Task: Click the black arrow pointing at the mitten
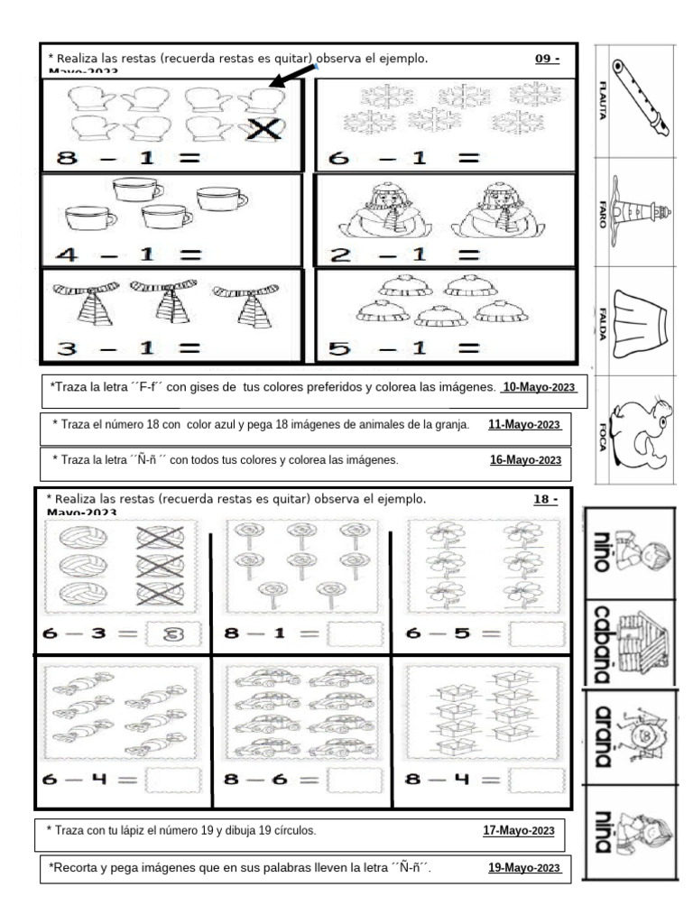coord(294,79)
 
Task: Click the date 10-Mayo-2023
coord(538,387)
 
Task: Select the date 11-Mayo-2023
coord(524,425)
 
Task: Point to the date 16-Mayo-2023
coord(525,460)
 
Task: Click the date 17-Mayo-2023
coord(518,831)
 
